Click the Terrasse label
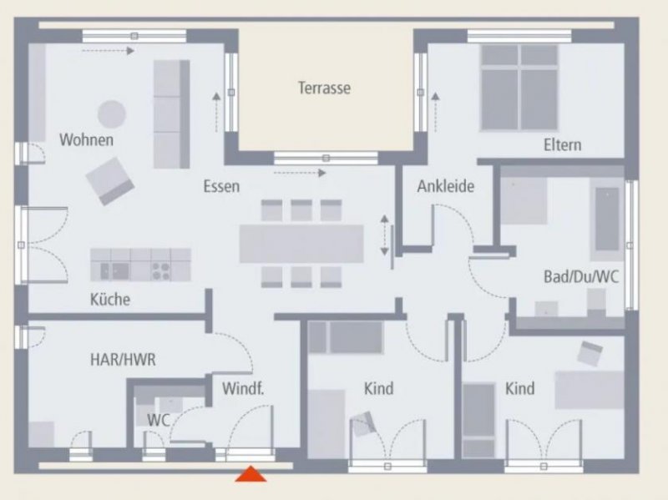(x=324, y=88)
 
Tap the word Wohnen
(x=87, y=139)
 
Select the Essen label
(x=221, y=186)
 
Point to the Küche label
(x=110, y=299)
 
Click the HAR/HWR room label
(x=123, y=360)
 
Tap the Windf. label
(x=243, y=388)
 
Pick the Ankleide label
(x=446, y=186)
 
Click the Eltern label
(x=562, y=144)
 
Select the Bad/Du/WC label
(x=581, y=277)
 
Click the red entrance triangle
(x=251, y=474)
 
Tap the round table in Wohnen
(x=112, y=114)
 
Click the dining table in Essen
(x=301, y=244)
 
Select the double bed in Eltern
(x=519, y=87)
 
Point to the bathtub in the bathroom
(x=607, y=219)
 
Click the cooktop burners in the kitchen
(x=161, y=271)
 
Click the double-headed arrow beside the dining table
(x=385, y=235)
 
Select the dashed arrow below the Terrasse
(x=300, y=173)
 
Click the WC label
(x=159, y=421)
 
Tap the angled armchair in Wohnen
(x=110, y=181)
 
